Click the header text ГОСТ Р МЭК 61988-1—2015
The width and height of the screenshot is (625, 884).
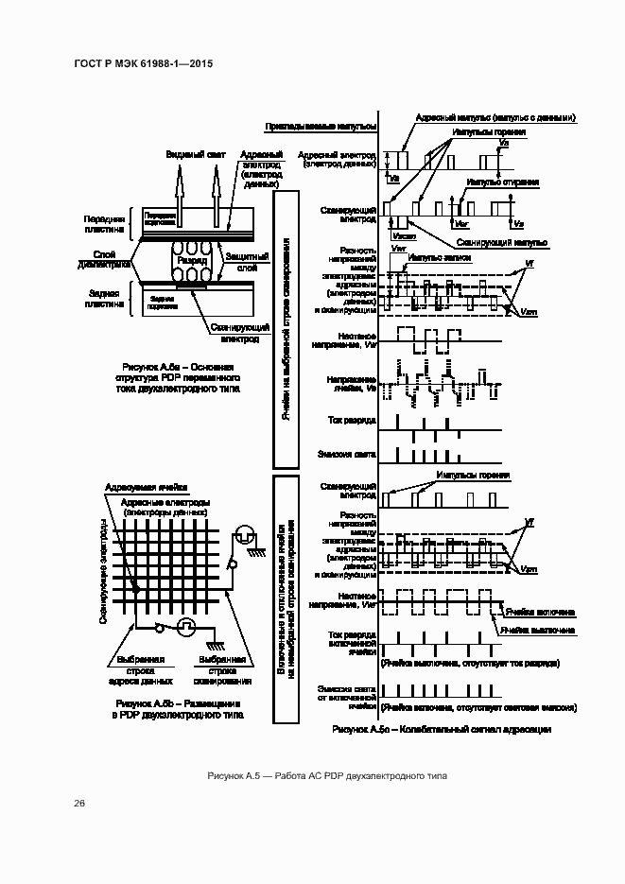coord(143,64)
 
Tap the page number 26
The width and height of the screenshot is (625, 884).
coord(79,803)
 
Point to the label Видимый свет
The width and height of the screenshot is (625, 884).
coord(190,153)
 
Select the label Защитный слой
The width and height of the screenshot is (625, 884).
coord(247,262)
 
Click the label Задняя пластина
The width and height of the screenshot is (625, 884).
coord(105,300)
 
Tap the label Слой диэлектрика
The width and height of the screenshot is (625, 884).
coord(105,259)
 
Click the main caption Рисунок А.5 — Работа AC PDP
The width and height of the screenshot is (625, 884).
coord(327,775)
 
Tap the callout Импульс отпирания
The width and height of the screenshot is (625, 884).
coord(502,181)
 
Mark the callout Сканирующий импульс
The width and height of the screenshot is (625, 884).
coord(491,242)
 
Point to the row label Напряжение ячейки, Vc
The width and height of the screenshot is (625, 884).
coord(352,382)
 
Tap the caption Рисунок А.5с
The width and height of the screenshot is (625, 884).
coord(442,731)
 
